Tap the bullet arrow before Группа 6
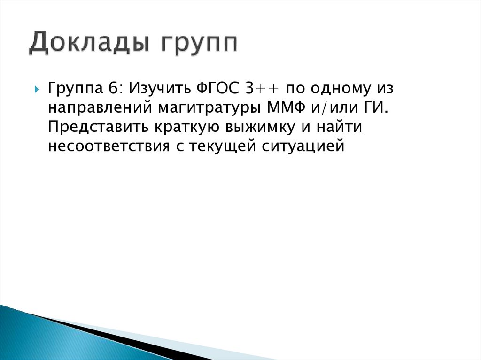coord(37,90)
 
